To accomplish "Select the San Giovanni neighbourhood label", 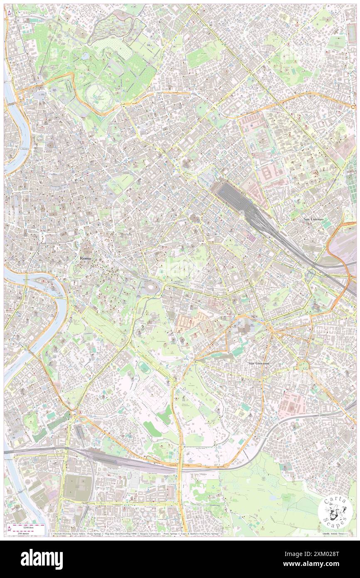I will pos(259,363).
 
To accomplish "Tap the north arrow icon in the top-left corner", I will pos(9,12).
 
